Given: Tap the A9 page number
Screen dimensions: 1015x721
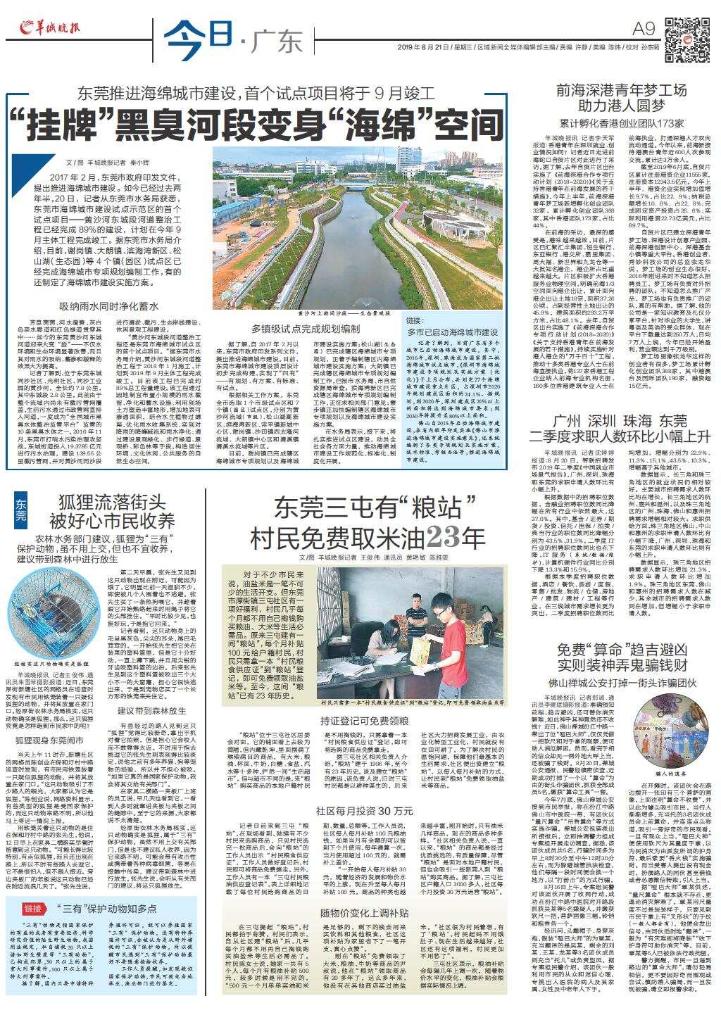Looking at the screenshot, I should pyautogui.click(x=645, y=28).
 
